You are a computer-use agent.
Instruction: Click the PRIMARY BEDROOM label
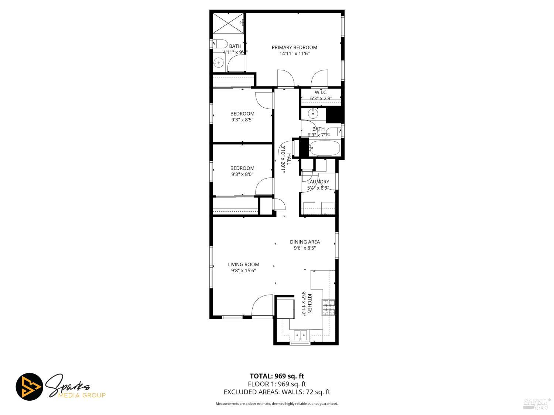[294, 47]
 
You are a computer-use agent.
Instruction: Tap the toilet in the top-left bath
[220, 44]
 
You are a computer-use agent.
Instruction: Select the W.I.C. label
[321, 92]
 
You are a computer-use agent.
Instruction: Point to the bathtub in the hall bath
[324, 148]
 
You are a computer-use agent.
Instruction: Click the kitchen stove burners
[329, 308]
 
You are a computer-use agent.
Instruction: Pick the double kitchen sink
[300, 335]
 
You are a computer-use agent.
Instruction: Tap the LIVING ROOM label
[243, 264]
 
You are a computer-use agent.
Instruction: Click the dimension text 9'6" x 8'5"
[305, 248]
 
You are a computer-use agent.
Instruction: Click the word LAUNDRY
[318, 182]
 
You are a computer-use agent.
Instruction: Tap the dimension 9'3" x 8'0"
[242, 174]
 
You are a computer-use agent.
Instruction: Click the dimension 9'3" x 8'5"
[242, 120]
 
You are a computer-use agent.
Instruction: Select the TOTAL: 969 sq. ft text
[277, 376]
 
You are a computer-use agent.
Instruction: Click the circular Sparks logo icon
[29, 387]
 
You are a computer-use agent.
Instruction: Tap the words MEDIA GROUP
[82, 395]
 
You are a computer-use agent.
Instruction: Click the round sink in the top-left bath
[219, 63]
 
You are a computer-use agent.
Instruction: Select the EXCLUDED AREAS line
[277, 392]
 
